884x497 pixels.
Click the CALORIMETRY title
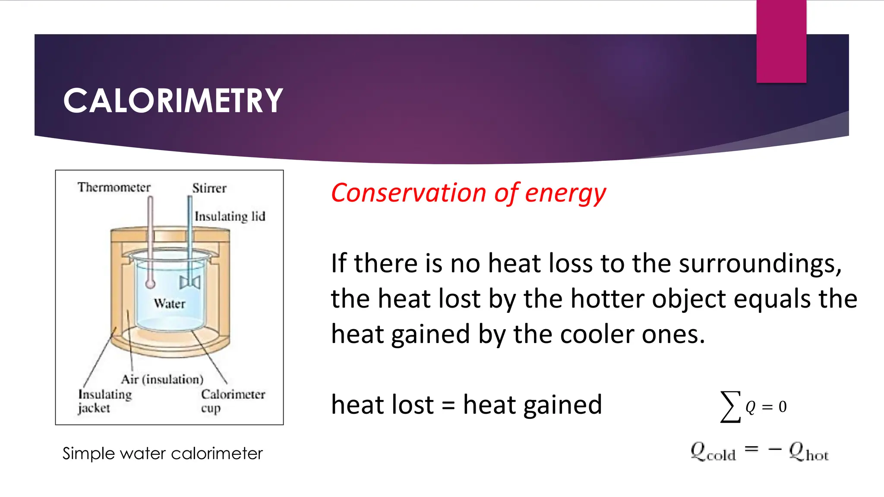pos(173,101)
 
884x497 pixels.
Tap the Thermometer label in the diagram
pos(114,187)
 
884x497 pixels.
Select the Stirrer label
pos(209,188)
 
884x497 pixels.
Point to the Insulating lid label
pos(230,216)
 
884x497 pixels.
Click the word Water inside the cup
pos(170,304)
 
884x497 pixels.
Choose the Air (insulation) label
pos(162,379)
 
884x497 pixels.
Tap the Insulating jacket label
pos(104,401)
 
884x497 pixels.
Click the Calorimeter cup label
pos(233,401)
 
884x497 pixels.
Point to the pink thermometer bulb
pos(150,283)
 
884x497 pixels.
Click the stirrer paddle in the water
pos(190,282)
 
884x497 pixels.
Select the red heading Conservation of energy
pos(468,193)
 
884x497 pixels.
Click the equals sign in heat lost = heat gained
pos(448,406)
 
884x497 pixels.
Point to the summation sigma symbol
pos(730,406)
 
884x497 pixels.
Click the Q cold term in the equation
pos(713,452)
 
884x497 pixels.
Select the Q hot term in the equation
pos(808,452)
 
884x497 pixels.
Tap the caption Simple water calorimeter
pos(162,453)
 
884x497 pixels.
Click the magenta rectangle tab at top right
pos(781,41)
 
